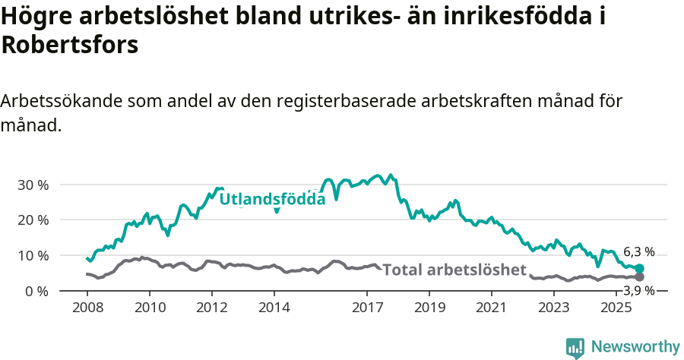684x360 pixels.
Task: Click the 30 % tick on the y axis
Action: pos(33,185)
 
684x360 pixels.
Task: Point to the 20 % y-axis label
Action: pos(33,219)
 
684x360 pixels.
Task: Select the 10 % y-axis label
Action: pos(33,255)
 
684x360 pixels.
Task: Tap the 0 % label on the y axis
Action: pos(37,291)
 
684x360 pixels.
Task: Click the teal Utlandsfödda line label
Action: pos(272,199)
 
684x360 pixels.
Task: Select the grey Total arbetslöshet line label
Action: pos(454,270)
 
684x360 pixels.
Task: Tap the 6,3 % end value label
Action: pos(639,252)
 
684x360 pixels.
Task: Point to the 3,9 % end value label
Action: pos(639,290)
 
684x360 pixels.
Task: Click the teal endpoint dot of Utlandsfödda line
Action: pos(639,268)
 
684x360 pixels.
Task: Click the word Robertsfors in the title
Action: pos(70,45)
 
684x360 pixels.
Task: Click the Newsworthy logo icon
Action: pos(575,347)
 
